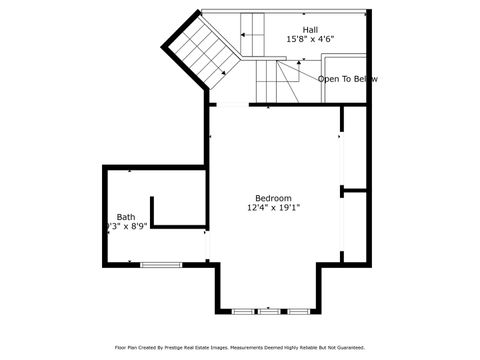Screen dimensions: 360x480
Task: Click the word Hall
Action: coord(311,30)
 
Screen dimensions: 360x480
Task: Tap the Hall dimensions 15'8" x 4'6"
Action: coord(311,40)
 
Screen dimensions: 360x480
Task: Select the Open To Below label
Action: coord(347,78)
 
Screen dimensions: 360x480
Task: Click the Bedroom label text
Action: coord(273,197)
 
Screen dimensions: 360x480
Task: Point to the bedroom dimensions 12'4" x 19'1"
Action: coord(273,208)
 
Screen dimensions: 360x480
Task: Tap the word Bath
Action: coord(125,216)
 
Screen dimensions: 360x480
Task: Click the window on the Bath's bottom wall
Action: coord(155,264)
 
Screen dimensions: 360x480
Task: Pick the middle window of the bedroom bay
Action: coord(269,311)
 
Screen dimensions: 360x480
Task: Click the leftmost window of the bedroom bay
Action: coord(241,311)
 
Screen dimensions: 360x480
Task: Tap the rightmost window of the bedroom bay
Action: coord(297,311)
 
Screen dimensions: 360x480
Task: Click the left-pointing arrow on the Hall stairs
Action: coord(245,34)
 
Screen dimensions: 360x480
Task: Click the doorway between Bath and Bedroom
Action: coord(207,245)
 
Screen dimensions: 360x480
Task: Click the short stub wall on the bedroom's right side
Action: coord(353,189)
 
